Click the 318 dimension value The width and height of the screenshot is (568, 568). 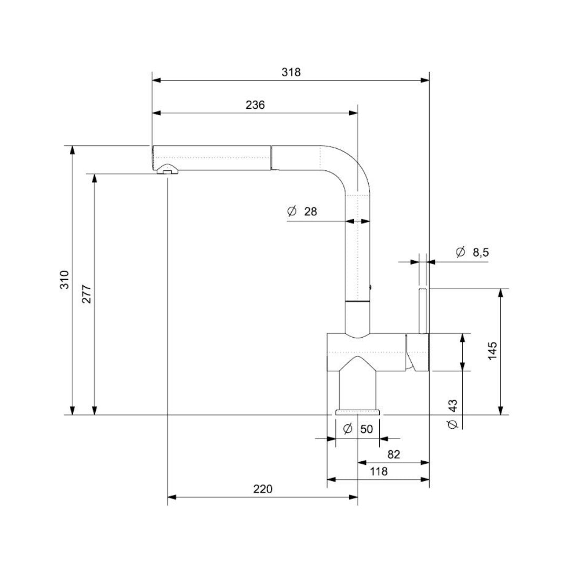291,73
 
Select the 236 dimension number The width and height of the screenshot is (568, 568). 255,105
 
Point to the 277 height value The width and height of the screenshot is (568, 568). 87,294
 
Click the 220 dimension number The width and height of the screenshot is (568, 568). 262,489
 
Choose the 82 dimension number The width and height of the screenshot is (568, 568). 393,454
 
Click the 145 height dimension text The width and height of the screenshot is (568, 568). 492,351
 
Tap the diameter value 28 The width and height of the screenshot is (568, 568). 311,211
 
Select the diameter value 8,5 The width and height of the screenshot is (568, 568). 481,252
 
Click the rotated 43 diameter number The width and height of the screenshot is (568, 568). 453,405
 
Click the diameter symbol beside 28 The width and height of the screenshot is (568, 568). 292,211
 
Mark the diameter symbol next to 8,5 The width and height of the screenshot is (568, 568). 461,252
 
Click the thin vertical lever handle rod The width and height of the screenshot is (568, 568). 423,310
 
